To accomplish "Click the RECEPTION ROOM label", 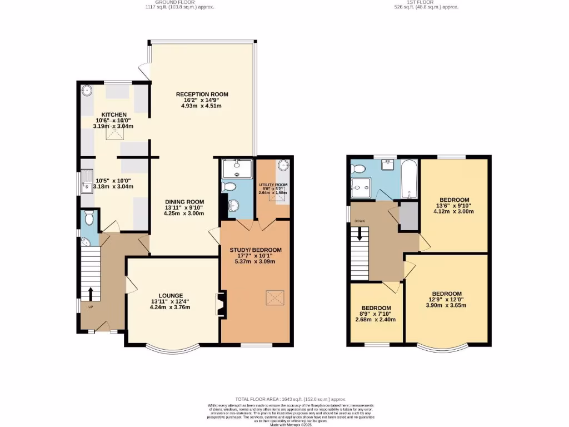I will pos(202,94).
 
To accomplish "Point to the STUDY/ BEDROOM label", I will pos(256,250).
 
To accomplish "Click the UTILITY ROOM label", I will pos(273,185).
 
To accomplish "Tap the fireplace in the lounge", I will pos(220,305).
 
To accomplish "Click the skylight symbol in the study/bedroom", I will pos(272,297).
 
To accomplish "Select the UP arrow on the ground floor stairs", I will pos(90,293).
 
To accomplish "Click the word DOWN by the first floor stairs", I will pos(359,221).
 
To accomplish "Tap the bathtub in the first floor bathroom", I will pos(409,179).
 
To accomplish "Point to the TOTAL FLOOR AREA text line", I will pos(291,399).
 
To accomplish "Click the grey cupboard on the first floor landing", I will pos(410,216).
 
